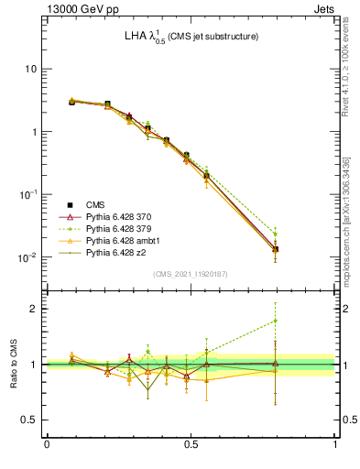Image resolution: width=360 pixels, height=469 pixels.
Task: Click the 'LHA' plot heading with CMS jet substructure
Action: [190, 37]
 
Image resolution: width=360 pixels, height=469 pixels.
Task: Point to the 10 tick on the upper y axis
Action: [30, 70]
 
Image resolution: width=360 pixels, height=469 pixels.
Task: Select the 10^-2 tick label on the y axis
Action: [28, 257]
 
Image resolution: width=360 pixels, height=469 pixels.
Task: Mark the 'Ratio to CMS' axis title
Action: [13, 365]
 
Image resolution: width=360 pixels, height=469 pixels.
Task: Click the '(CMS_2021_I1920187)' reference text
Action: [191, 274]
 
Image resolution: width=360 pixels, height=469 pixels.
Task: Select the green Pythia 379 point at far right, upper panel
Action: [275, 234]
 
